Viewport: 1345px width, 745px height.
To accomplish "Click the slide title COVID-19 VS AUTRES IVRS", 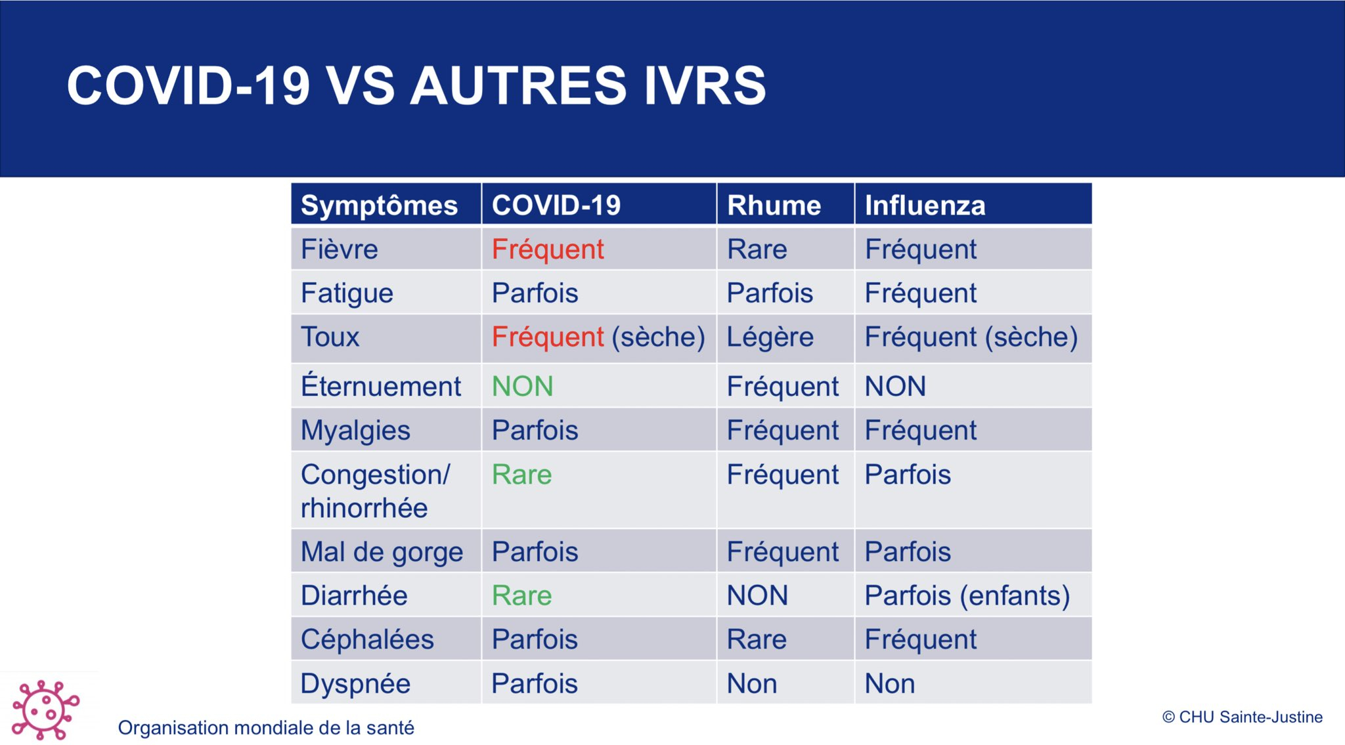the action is (x=416, y=85).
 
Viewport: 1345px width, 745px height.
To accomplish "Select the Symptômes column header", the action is (x=379, y=205).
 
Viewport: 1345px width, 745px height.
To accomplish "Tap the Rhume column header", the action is (x=774, y=205).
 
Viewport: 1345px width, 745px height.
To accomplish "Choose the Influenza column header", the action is (x=925, y=205).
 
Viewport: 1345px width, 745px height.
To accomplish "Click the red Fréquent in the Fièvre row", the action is (x=548, y=249).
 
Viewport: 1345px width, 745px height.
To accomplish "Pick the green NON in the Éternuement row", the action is (x=523, y=386).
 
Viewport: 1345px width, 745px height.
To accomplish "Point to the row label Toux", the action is (x=330, y=337).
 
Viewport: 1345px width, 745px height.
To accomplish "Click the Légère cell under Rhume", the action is (x=770, y=337).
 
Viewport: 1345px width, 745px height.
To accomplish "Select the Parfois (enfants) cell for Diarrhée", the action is (x=967, y=596).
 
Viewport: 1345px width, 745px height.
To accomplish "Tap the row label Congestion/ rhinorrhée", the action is (x=375, y=491).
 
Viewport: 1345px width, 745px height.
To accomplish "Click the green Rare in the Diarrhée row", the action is (x=522, y=596).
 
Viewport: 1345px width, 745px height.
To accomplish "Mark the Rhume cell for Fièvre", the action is (x=757, y=249).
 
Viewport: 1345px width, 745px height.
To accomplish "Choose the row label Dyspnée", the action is (x=355, y=684).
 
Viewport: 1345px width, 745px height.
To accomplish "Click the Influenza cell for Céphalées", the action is (x=921, y=640).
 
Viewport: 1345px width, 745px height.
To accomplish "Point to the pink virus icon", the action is (x=45, y=710).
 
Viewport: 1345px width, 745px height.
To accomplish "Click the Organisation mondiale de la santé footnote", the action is (x=266, y=727).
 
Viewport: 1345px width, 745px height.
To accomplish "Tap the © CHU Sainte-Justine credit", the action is (x=1242, y=717).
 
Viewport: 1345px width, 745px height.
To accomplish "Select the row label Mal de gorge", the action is (x=382, y=553).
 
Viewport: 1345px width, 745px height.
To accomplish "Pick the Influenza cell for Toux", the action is (x=971, y=337).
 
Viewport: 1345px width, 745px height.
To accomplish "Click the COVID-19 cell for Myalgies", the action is (x=535, y=431).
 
